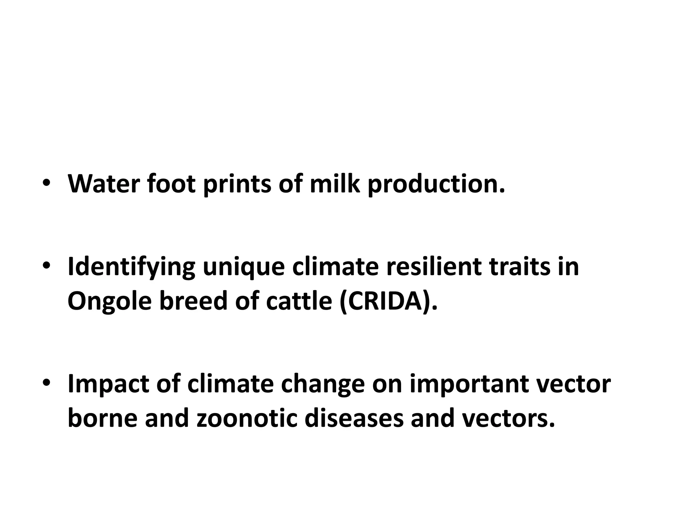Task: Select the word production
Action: pyautogui.click(x=436, y=184)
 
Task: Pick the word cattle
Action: pyautogui.click(x=299, y=301)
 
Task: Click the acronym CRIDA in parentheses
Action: pyautogui.click(x=385, y=301)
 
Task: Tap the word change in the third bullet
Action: pyautogui.click(x=323, y=384)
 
